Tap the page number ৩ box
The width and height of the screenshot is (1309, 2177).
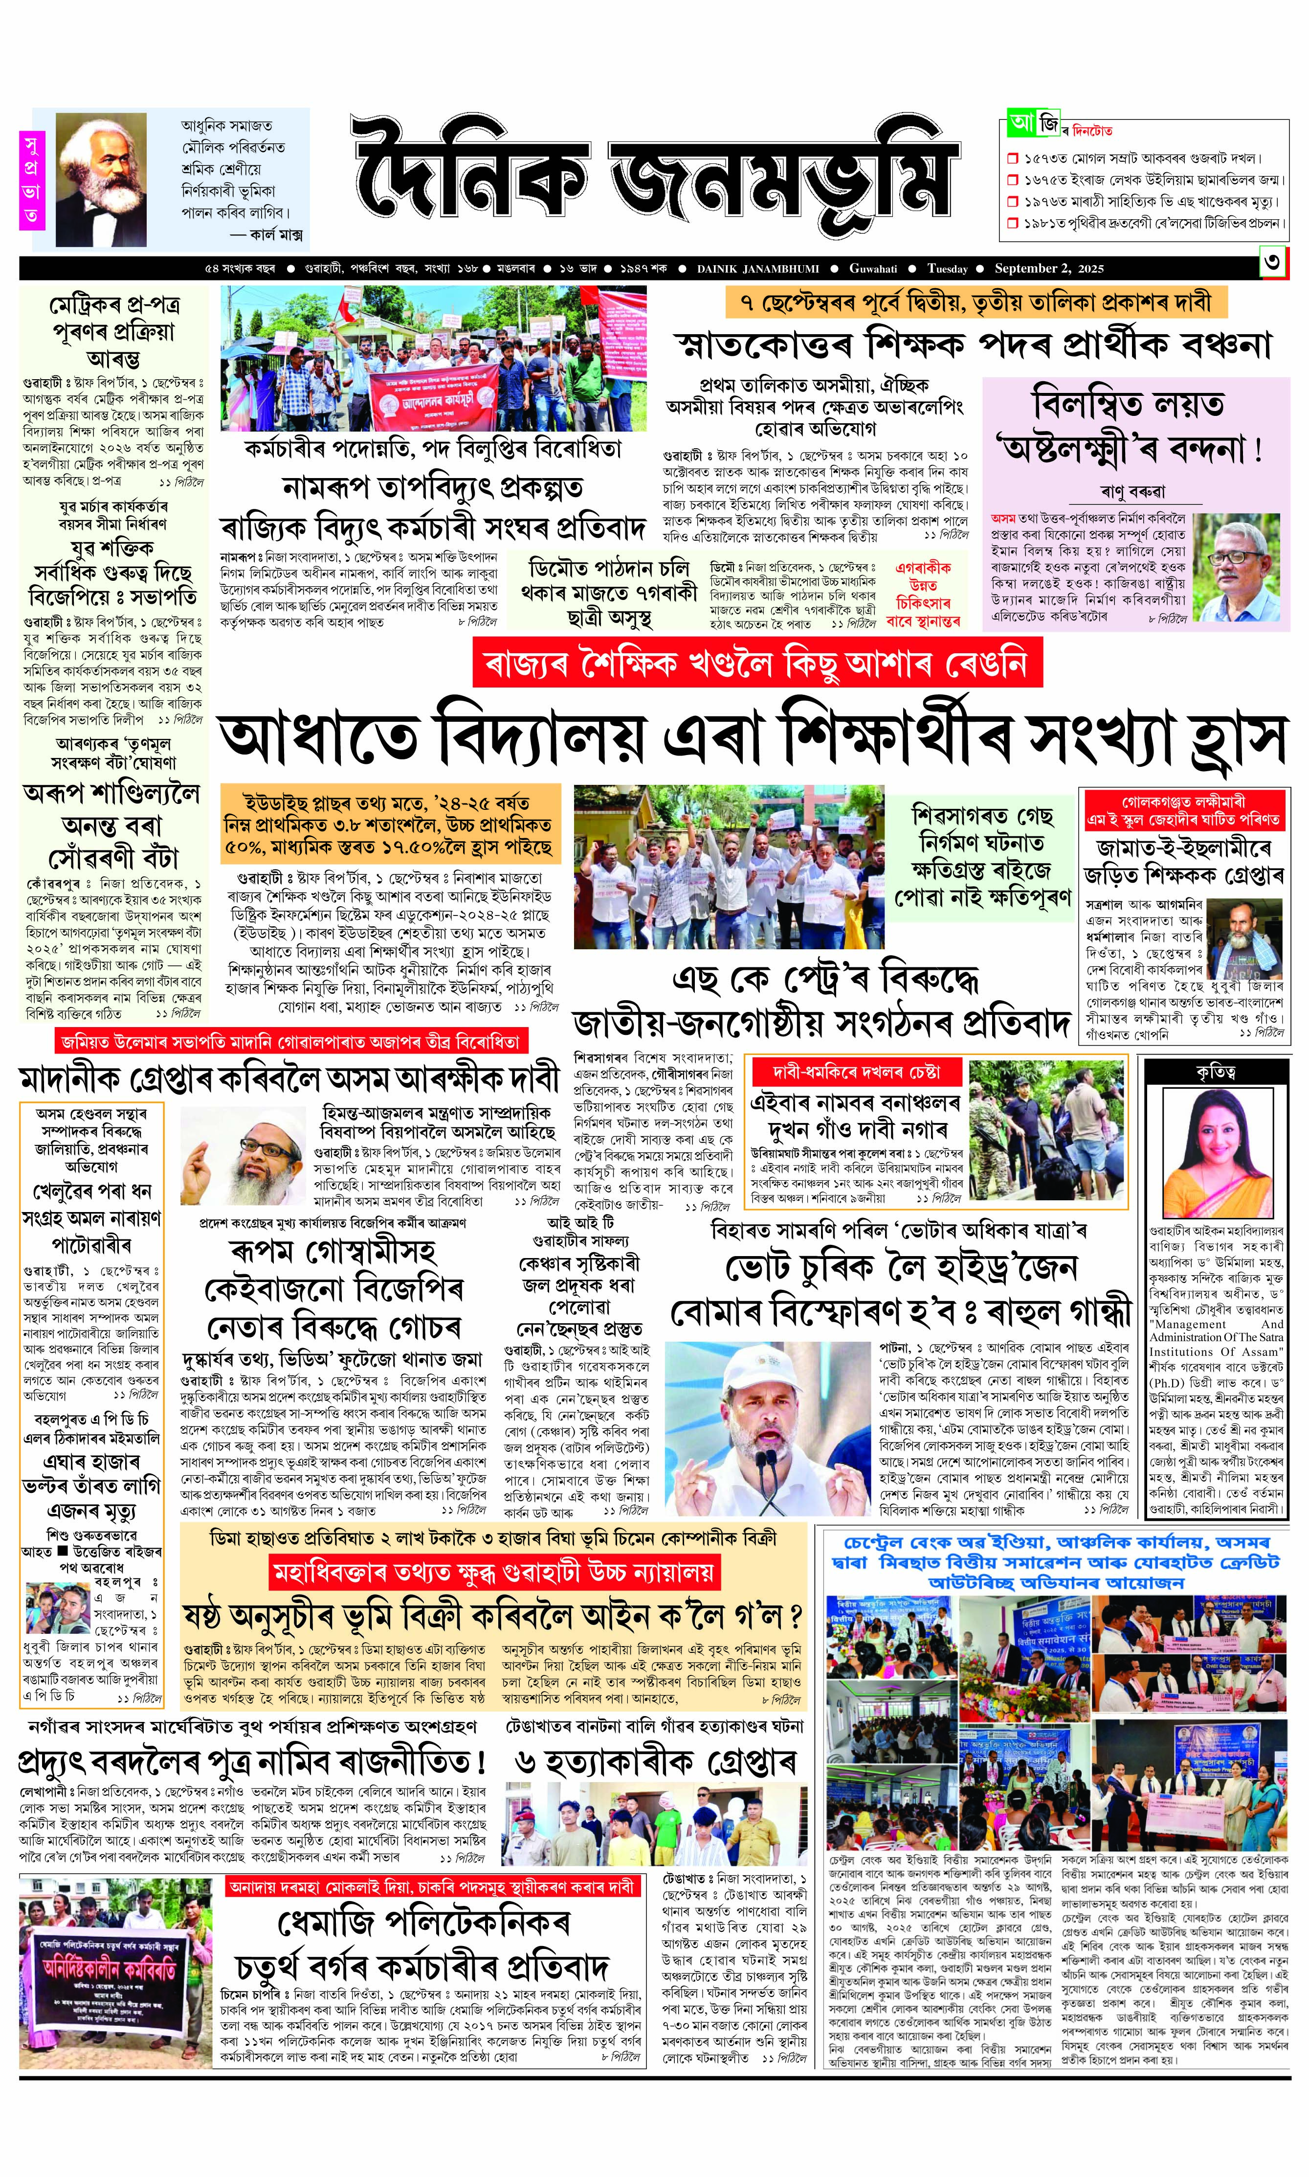1273,265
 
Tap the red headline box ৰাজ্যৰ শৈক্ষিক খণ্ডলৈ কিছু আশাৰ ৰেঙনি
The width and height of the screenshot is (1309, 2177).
757,664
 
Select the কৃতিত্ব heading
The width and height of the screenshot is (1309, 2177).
1216,1072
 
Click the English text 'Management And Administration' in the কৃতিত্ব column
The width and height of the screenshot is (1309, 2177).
1216,1331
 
